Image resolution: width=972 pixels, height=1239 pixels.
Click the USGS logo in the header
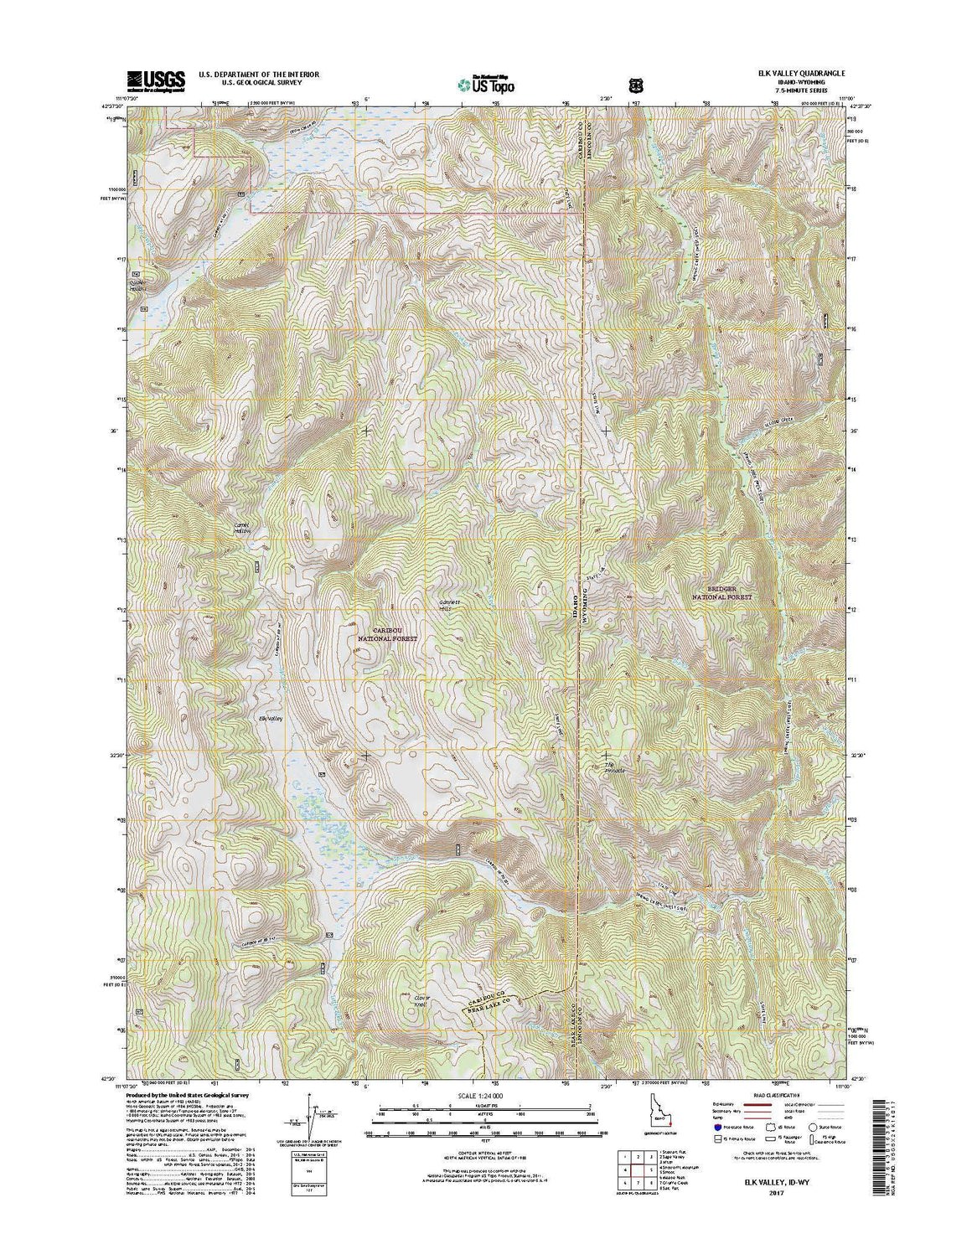143,80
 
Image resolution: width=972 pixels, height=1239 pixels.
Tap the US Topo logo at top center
485,83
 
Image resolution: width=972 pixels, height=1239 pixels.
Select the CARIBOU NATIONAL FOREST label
387,632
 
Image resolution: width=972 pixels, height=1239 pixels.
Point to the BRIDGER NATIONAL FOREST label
721,593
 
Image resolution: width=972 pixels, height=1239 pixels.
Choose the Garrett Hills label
450,604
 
